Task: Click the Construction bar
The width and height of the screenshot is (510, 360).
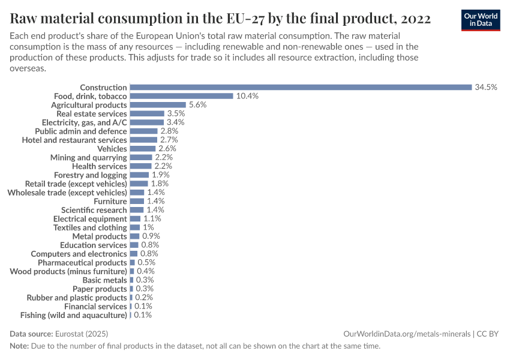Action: click(x=301, y=87)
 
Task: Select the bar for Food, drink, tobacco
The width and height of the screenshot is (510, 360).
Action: click(x=181, y=96)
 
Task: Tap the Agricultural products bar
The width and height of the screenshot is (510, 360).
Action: click(x=158, y=104)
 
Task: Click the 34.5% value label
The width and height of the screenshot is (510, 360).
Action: click(x=486, y=87)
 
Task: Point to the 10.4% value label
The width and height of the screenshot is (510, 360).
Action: click(x=247, y=96)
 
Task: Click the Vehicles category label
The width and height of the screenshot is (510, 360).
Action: click(x=112, y=148)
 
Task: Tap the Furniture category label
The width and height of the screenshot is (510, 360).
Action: click(x=110, y=201)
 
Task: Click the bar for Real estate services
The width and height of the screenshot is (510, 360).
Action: click(x=147, y=113)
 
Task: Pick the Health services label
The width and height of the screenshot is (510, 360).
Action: click(x=100, y=166)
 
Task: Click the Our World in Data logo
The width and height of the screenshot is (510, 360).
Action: click(x=481, y=20)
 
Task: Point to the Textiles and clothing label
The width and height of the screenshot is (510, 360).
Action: click(x=90, y=227)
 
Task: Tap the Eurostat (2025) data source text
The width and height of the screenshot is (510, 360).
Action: click(x=82, y=334)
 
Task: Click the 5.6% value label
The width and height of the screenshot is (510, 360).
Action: click(x=197, y=104)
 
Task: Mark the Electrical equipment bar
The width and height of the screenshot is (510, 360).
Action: click(x=135, y=219)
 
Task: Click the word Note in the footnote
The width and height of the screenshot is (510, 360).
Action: click(x=19, y=346)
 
